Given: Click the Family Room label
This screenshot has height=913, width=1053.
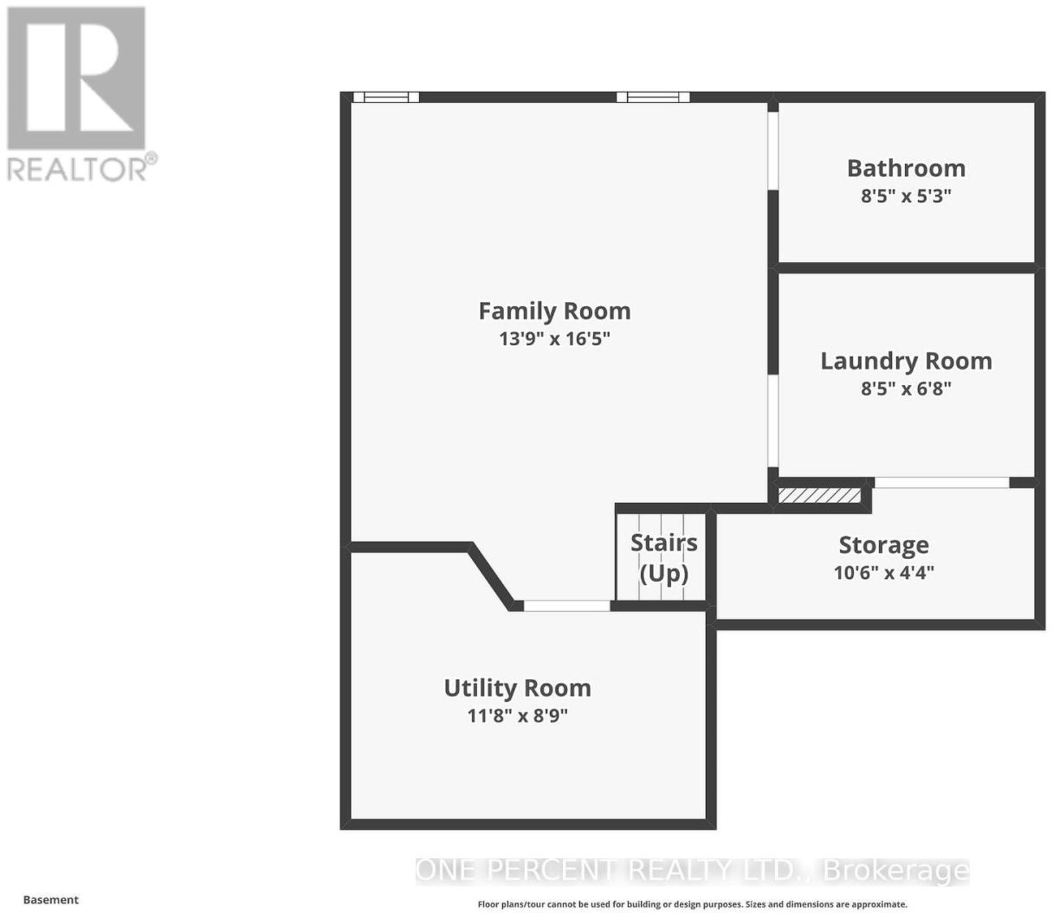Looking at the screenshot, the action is click(x=554, y=310).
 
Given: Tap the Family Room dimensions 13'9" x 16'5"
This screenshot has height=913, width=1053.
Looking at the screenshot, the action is click(x=554, y=339).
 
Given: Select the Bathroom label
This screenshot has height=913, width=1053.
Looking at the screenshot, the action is click(x=906, y=168).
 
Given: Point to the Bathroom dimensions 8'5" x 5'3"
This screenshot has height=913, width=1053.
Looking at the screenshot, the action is click(x=906, y=196).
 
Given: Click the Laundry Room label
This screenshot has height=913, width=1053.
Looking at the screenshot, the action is click(x=906, y=361).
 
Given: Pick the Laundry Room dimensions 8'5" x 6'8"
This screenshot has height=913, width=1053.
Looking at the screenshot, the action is click(x=906, y=389).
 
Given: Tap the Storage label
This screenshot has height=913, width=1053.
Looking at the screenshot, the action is click(x=884, y=545).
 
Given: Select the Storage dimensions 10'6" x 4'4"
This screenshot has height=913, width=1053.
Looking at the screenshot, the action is click(x=884, y=573).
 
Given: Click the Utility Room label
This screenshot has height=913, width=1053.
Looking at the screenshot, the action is click(x=517, y=688).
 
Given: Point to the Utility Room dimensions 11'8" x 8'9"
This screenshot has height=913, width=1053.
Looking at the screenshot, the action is click(x=517, y=716).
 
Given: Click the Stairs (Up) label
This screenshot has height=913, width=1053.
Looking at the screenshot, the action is click(x=664, y=558).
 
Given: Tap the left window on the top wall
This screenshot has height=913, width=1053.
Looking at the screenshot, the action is click(x=386, y=97).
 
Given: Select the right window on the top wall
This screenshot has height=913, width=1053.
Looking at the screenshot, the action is click(x=653, y=97).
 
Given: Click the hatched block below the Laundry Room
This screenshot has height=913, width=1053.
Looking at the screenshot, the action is click(x=819, y=495).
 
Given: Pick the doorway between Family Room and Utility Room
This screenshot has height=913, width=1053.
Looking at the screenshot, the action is click(x=567, y=606).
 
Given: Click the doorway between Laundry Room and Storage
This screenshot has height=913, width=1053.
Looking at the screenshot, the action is click(x=942, y=483).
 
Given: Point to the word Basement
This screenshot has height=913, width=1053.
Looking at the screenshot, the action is click(x=51, y=900).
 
